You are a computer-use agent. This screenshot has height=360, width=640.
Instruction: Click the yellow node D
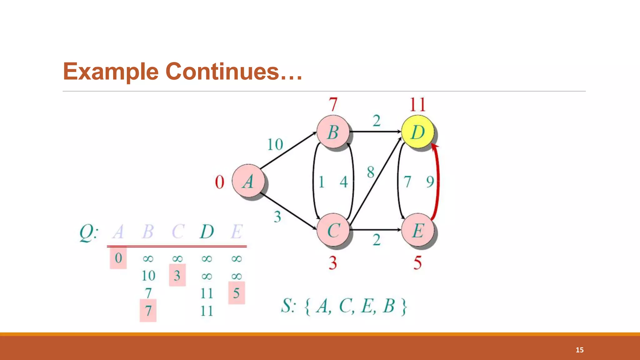[417, 132]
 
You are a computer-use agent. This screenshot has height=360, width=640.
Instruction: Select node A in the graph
[248, 181]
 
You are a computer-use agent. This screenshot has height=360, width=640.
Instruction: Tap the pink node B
[333, 132]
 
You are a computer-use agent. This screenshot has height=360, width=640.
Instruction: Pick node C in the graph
[333, 230]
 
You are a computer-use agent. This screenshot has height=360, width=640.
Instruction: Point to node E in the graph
[417, 230]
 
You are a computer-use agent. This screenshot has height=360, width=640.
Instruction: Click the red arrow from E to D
[437, 181]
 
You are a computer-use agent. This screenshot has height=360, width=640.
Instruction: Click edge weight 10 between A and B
[275, 145]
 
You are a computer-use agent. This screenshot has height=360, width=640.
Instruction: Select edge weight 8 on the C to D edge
[371, 172]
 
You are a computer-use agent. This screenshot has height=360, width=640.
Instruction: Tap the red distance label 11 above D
[417, 105]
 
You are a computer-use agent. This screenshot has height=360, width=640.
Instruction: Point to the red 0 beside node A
[220, 182]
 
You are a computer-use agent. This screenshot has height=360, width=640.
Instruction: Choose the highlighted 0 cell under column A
[118, 258]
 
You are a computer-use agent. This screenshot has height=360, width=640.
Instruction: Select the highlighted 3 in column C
[177, 275]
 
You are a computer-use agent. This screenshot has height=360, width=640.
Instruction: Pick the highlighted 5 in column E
[237, 293]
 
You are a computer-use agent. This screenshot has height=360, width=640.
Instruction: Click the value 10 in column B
[148, 276]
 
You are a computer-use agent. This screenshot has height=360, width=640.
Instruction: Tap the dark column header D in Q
[207, 232]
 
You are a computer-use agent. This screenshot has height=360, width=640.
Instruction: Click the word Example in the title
[111, 72]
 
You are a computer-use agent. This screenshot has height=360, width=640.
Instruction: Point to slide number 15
[579, 350]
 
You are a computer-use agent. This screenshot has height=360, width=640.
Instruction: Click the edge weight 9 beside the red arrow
[430, 182]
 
